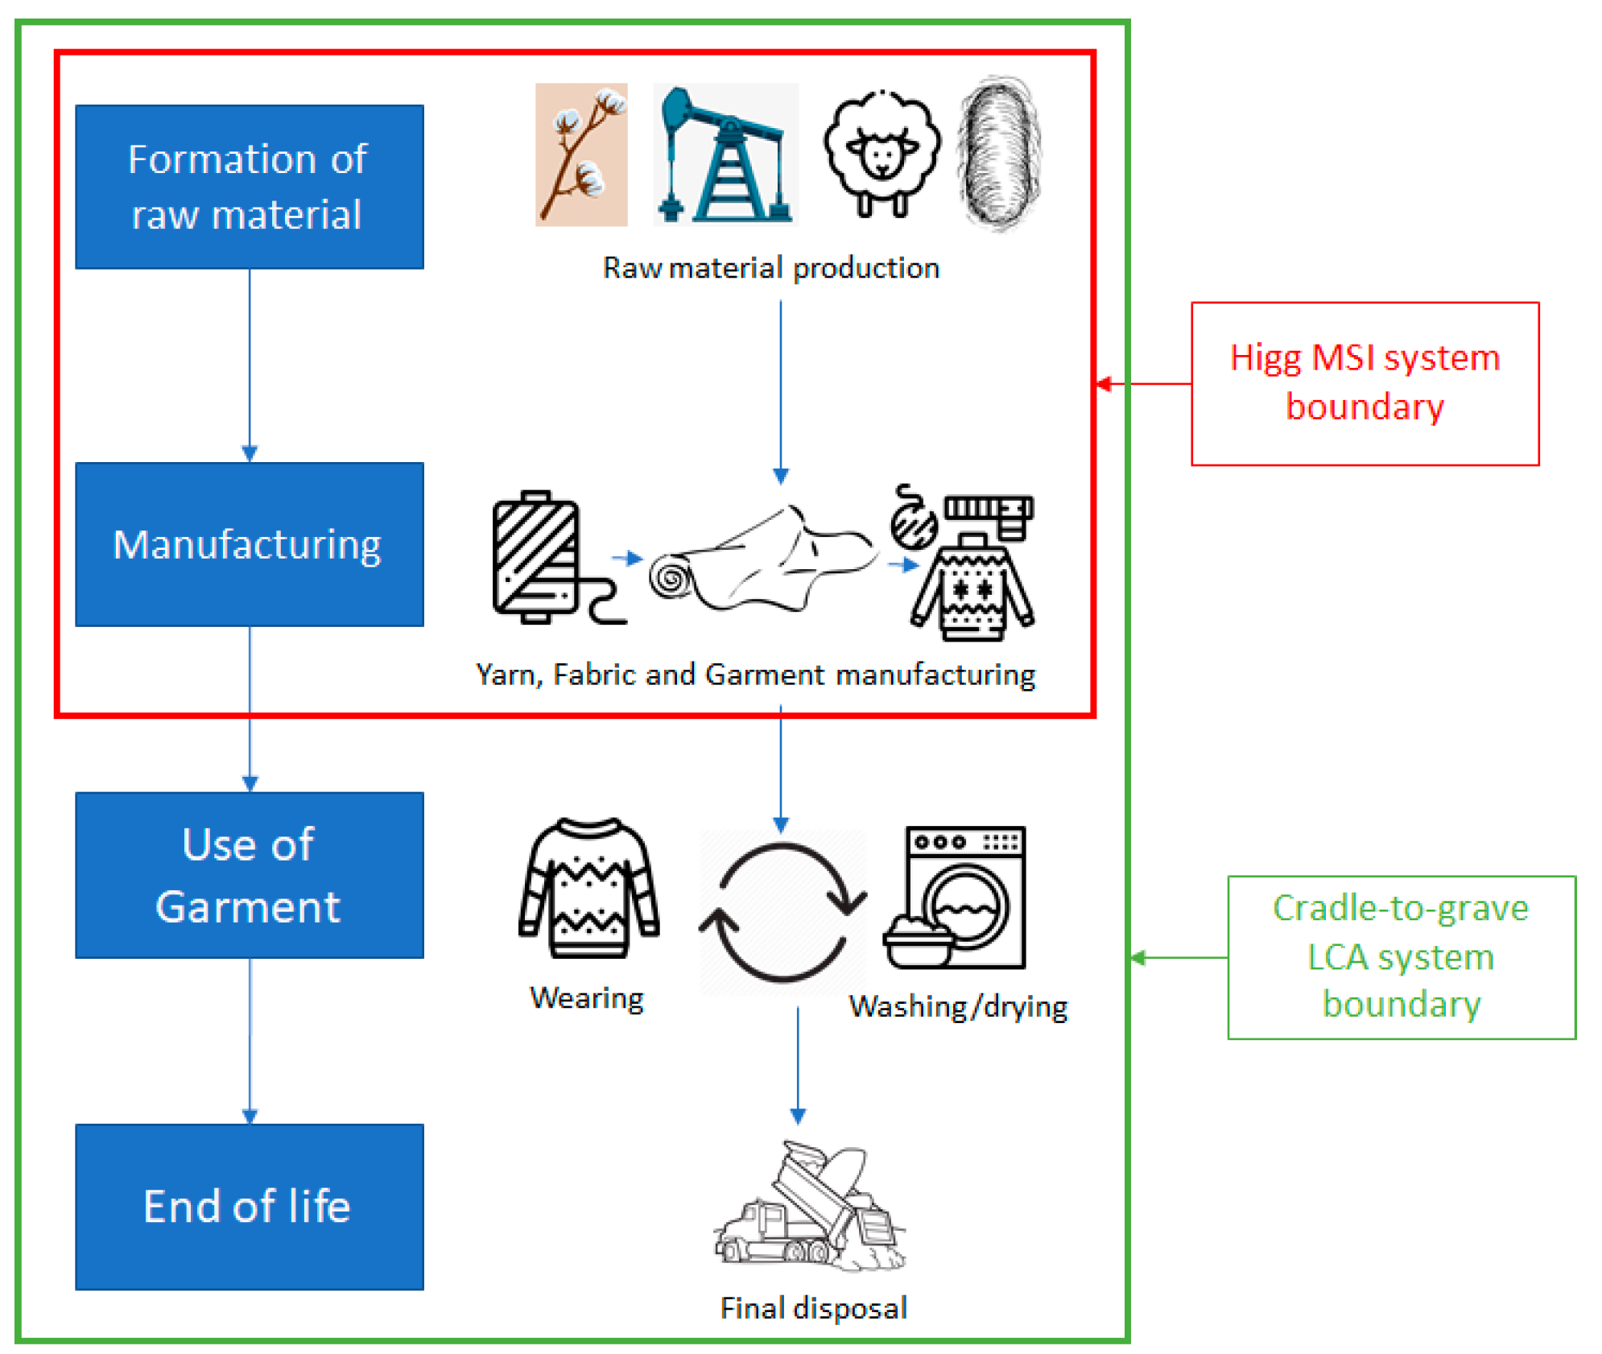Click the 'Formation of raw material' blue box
(249, 187)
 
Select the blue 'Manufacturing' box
(249, 544)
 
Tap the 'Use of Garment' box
(249, 875)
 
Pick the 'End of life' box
(249, 1206)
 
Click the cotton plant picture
(581, 155)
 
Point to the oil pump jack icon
(725, 155)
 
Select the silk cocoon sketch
(998, 153)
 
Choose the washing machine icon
(958, 897)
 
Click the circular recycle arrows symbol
(782, 912)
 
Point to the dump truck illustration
(809, 1207)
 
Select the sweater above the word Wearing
(588, 889)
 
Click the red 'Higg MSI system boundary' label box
(1364, 383)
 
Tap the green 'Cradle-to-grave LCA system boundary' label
(1401, 956)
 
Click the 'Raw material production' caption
(770, 268)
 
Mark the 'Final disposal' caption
(813, 1307)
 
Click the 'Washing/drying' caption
(958, 1006)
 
